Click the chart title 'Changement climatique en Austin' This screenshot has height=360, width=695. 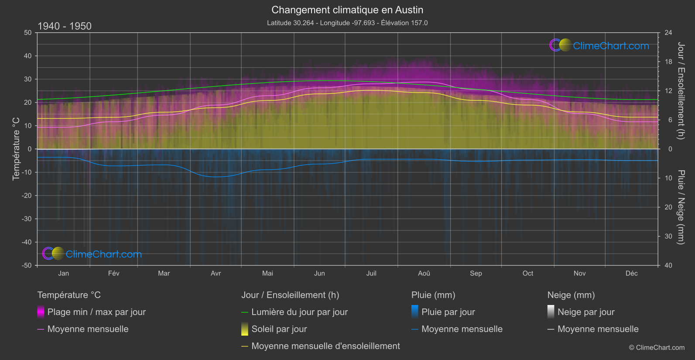point(347,10)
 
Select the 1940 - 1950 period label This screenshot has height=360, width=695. point(65,26)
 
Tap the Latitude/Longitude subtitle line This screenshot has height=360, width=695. point(347,23)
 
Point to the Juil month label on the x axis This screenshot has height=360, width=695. point(371,273)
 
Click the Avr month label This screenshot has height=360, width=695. point(216,273)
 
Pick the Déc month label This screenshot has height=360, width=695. point(631,273)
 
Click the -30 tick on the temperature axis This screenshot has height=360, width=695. point(27,219)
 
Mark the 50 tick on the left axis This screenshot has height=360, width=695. point(28,33)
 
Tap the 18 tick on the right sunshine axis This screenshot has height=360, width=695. point(668,62)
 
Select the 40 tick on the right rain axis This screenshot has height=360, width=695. point(668,265)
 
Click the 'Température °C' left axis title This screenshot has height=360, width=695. point(16,149)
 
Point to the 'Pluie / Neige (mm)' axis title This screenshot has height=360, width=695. point(681,207)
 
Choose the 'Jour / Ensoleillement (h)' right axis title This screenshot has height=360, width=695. point(681,91)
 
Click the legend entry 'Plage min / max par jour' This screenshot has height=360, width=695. point(96,312)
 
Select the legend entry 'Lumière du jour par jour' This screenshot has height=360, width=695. point(299,312)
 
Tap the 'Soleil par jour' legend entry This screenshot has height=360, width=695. point(279,329)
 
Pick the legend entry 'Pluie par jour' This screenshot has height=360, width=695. point(448,312)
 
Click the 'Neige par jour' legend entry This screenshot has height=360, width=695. point(585,312)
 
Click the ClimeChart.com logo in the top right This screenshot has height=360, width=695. point(599,45)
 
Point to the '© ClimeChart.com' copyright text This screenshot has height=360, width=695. point(657,347)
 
